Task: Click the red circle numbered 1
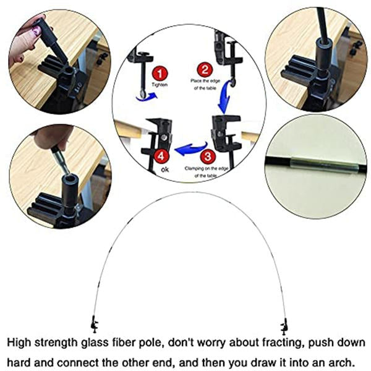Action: click(160, 74)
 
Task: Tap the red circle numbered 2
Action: click(205, 69)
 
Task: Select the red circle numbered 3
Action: click(208, 156)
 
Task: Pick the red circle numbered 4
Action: click(161, 156)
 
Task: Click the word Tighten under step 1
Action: click(160, 85)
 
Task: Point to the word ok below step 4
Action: click(165, 169)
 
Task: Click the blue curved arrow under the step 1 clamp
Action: click(147, 97)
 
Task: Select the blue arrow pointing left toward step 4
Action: click(191, 149)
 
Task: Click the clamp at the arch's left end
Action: click(95, 323)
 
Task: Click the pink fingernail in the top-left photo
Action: click(37, 30)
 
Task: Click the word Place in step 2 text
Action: click(196, 81)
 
